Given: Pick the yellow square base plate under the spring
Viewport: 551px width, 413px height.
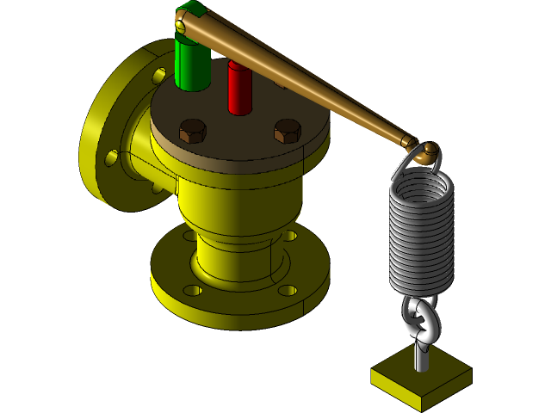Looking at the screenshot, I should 421,379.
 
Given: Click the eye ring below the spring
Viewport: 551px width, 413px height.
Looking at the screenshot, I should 420,321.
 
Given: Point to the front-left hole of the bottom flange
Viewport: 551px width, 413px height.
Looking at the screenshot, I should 193,290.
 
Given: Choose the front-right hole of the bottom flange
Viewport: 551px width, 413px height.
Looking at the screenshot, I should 287,291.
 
